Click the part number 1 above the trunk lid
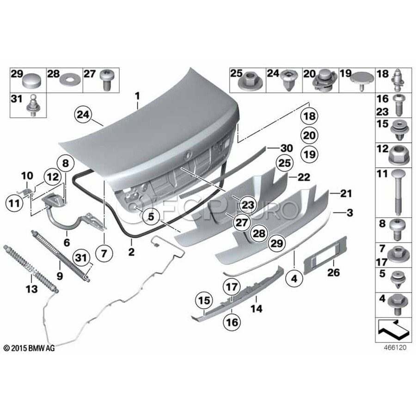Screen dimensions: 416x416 pos(137,97)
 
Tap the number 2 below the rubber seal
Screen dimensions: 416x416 pos(132,252)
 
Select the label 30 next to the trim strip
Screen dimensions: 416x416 pos(287,148)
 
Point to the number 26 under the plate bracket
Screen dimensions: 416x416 pos(333,273)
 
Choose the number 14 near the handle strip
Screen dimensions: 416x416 pos(256,309)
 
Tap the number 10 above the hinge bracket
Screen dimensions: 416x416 pos(27,176)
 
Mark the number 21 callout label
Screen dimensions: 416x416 pos(346,194)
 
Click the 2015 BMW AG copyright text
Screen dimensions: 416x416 pos(29,348)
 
